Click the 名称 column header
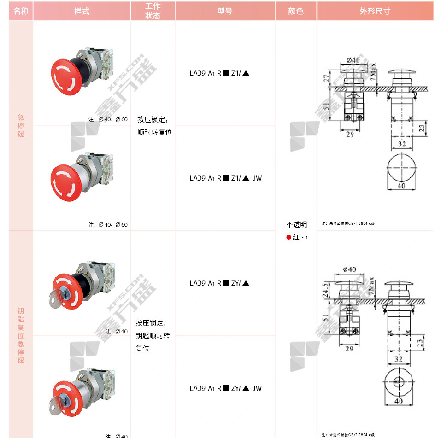tap(21, 11)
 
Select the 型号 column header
tap(225, 11)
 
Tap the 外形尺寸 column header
tap(375, 11)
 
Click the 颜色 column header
tap(296, 11)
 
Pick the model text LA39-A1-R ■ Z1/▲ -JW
tap(225, 178)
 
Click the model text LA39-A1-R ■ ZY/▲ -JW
tap(225, 388)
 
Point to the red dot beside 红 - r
tap(289, 238)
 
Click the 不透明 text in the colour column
tap(296, 225)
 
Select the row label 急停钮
tap(21, 126)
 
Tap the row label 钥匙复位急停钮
tap(21, 336)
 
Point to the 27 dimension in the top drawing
tap(326, 79)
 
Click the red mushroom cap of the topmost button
tap(64, 76)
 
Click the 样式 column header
tap(82, 11)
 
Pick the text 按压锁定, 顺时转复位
tap(154, 126)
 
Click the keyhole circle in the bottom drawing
tap(399, 381)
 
